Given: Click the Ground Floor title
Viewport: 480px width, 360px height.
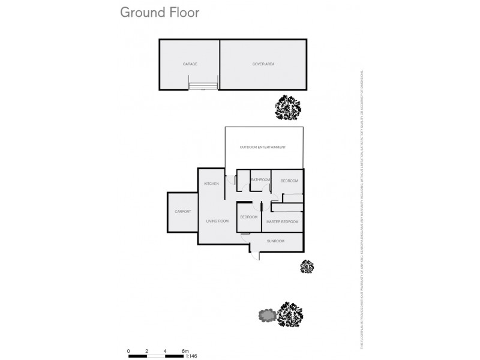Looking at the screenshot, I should click(x=160, y=12).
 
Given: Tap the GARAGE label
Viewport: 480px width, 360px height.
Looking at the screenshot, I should click(x=190, y=64).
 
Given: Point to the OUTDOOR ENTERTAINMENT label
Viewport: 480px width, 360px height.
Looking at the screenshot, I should click(x=262, y=147).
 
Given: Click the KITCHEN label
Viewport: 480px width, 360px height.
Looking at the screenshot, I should click(x=211, y=184).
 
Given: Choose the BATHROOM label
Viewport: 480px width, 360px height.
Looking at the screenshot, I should click(x=260, y=180).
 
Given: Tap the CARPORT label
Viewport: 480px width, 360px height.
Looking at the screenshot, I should click(x=182, y=212).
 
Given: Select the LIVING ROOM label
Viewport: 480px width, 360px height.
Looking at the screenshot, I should click(x=218, y=221).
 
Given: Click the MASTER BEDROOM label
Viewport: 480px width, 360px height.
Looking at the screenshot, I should click(x=283, y=222).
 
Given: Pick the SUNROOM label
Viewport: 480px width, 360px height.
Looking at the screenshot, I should click(x=276, y=241).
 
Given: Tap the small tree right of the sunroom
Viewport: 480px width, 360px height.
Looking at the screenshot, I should click(x=307, y=266).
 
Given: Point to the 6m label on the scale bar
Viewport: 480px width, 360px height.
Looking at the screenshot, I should click(x=185, y=350).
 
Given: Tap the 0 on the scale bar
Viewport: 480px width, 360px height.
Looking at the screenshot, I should click(x=128, y=350).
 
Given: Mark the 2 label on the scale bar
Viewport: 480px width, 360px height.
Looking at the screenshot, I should click(x=146, y=350).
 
